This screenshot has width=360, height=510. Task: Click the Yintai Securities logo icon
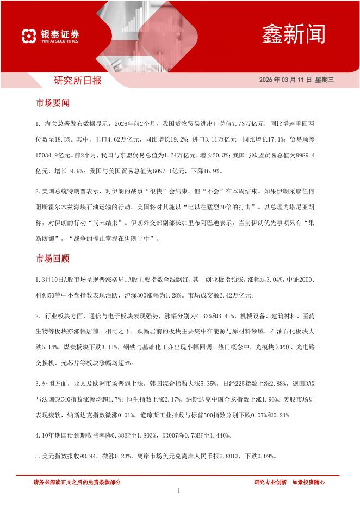point(28,36)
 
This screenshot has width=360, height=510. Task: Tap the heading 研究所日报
point(78,81)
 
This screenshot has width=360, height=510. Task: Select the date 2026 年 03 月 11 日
point(285,80)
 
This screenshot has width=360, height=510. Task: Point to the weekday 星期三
point(324,80)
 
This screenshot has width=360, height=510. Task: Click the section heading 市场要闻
point(52,102)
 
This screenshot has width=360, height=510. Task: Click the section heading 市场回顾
point(52,258)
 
